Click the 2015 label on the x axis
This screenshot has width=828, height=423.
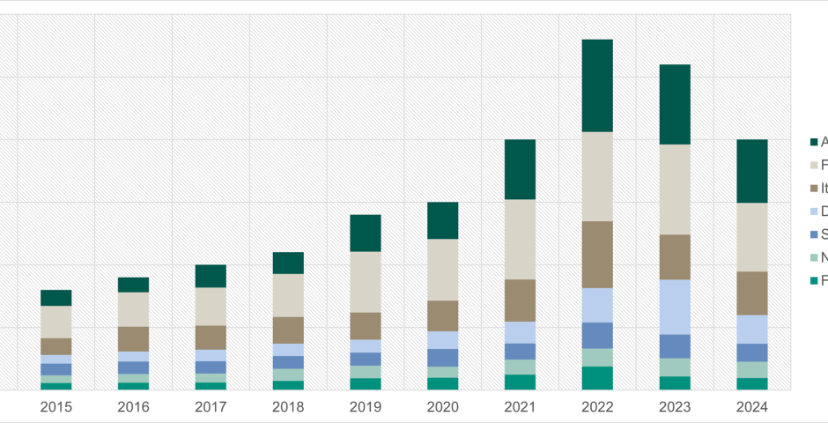pyautogui.click(x=55, y=407)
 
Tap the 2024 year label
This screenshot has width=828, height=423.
pyautogui.click(x=751, y=407)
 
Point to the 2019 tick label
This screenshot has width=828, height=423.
pyautogui.click(x=366, y=407)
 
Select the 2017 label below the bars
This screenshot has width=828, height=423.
pyautogui.click(x=211, y=407)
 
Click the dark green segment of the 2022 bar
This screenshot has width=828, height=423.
pyautogui.click(x=597, y=85)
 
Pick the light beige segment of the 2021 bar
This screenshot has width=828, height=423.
pyautogui.click(x=520, y=239)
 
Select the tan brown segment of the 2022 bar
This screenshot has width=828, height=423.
pyautogui.click(x=597, y=254)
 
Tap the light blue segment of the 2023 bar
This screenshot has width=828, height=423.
pyautogui.click(x=675, y=307)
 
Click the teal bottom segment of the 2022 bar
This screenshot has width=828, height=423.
pyautogui.click(x=597, y=378)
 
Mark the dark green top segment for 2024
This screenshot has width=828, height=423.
pyautogui.click(x=751, y=171)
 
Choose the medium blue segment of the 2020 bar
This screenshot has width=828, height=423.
pyautogui.click(x=442, y=357)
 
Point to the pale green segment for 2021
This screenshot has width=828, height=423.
pyautogui.click(x=520, y=367)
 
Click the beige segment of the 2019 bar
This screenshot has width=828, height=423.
pyautogui.click(x=366, y=282)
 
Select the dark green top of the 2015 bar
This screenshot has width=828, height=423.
pyautogui.click(x=55, y=298)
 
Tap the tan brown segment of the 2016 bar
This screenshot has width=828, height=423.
pyautogui.click(x=133, y=339)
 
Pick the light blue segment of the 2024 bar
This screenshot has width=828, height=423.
pyautogui.click(x=751, y=329)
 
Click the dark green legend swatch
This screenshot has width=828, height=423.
pyautogui.click(x=814, y=142)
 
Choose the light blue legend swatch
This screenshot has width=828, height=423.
pyautogui.click(x=814, y=211)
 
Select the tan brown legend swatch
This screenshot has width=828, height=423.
pyautogui.click(x=814, y=188)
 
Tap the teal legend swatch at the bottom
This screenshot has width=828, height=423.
pyautogui.click(x=814, y=281)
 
